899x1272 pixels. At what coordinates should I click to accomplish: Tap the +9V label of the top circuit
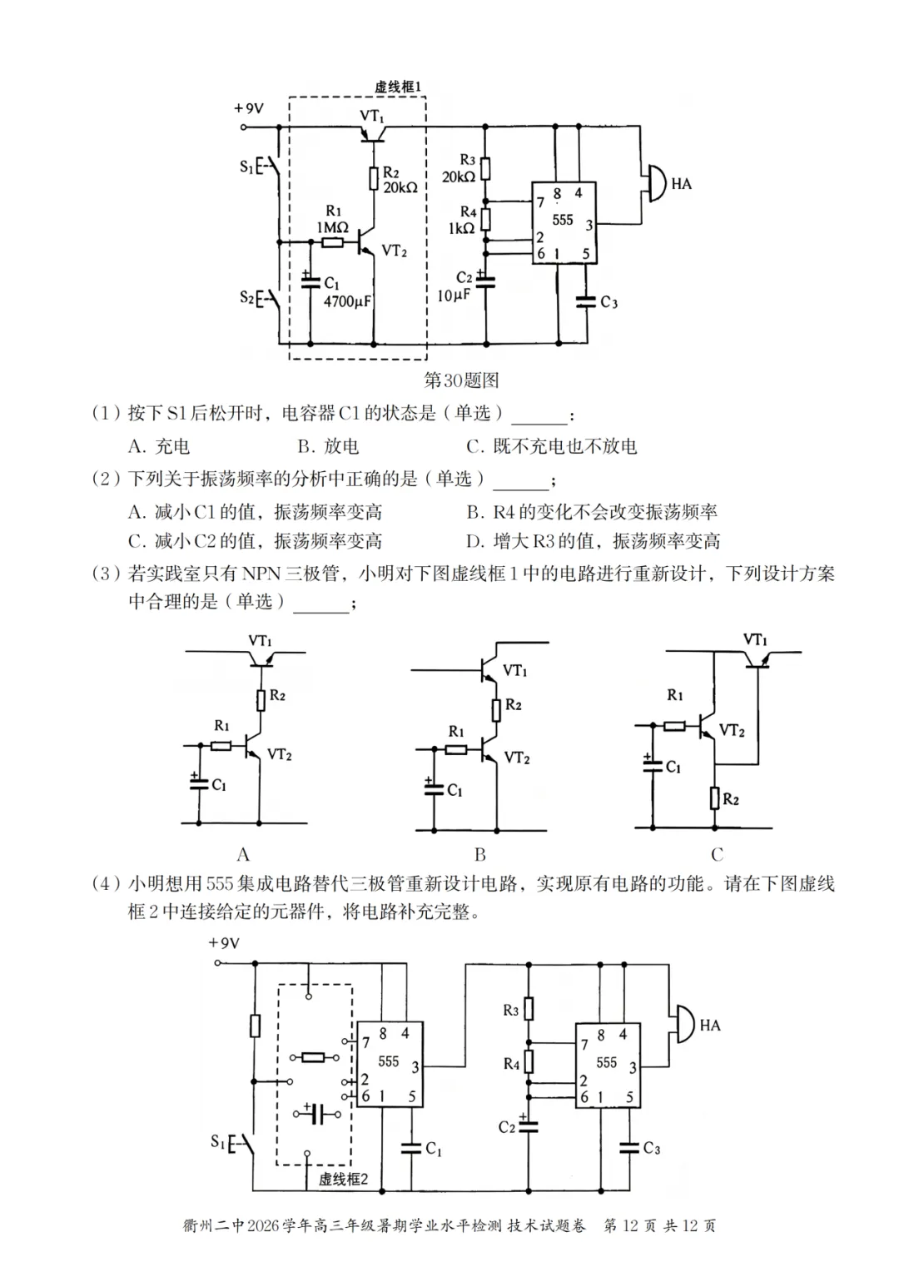point(248,108)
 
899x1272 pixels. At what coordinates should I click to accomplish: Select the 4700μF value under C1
point(347,301)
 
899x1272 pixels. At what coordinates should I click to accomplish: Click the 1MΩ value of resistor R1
point(332,228)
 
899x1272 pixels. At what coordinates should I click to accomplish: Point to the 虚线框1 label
point(398,87)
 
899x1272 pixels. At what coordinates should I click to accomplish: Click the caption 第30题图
point(461,380)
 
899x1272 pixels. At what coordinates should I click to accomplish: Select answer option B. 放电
point(328,446)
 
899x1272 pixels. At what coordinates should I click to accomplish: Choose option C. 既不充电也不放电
point(551,446)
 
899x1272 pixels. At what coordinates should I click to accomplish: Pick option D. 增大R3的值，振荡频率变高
point(593,541)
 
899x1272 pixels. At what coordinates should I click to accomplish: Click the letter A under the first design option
point(243,854)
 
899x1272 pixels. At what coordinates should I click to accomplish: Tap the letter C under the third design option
point(717,854)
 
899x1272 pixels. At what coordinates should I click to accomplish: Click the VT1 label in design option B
point(515,671)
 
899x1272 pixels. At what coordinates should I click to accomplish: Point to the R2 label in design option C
point(731,799)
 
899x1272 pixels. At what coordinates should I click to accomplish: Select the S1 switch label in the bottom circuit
point(218,1140)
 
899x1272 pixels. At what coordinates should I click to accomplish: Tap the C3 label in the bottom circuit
point(652,1148)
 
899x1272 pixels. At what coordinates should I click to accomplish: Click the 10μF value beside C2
point(453,296)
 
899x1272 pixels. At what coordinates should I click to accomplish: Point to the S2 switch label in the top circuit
point(247,297)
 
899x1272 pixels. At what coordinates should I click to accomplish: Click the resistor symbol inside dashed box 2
point(314,1057)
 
